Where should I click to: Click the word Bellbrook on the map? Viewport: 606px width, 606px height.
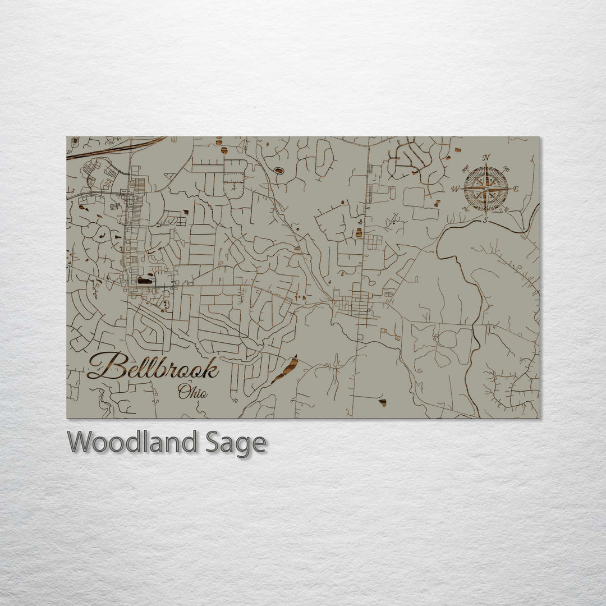pyautogui.click(x=153, y=368)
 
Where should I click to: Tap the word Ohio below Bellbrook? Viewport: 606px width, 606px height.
pyautogui.click(x=192, y=392)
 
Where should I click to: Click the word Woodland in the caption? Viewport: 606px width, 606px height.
pyautogui.click(x=132, y=442)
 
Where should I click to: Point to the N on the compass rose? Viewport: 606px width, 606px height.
pyautogui.click(x=486, y=158)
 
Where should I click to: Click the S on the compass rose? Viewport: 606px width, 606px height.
pyautogui.click(x=486, y=220)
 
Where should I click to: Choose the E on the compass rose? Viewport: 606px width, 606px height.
pyautogui.click(x=516, y=189)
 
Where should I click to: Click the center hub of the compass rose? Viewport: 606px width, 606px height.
pyautogui.click(x=486, y=189)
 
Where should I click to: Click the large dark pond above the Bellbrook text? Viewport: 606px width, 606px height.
pyautogui.click(x=144, y=279)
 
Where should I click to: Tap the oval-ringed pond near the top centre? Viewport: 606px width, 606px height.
pyautogui.click(x=278, y=170)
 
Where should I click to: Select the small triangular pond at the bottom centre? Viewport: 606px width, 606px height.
pyautogui.click(x=383, y=402)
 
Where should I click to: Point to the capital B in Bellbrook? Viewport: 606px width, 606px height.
pyautogui.click(x=104, y=366)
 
